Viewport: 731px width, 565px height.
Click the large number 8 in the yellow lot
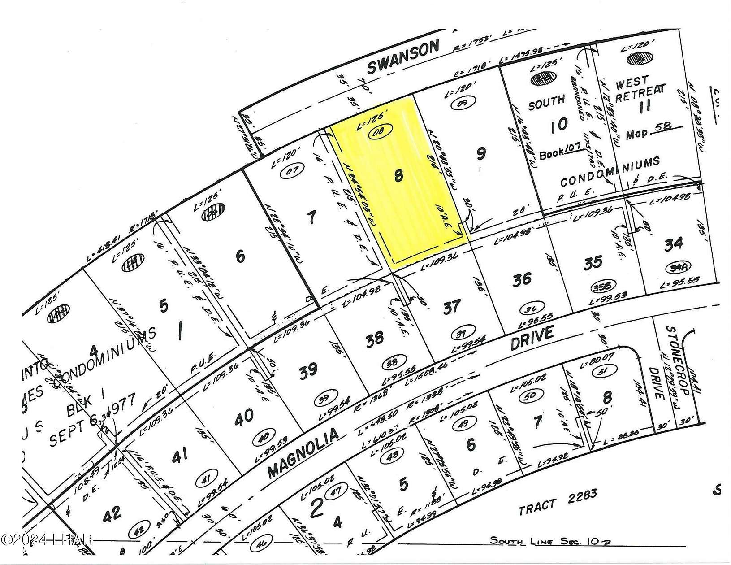[x=398, y=177]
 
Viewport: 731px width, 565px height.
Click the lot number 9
[x=481, y=154]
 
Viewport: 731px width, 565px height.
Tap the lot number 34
[x=673, y=243]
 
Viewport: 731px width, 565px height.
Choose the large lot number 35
[x=593, y=262]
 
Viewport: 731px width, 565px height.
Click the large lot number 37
[x=451, y=307]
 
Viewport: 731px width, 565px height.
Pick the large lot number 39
[x=308, y=372]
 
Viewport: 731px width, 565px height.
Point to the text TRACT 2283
[x=558, y=502]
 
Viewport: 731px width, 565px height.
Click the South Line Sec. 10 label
[x=550, y=541]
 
